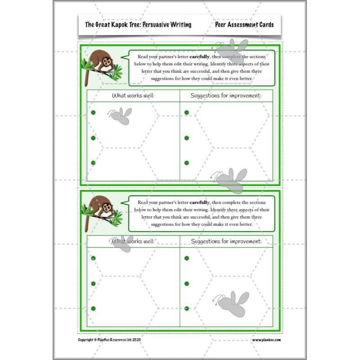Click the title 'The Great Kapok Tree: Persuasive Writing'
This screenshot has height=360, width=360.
click(x=138, y=25)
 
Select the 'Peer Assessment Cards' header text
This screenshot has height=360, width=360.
click(x=244, y=25)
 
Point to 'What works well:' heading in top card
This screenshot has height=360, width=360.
click(x=133, y=95)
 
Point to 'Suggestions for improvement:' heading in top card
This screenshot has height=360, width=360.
click(x=225, y=95)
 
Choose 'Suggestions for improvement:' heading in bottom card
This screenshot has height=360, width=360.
click(x=226, y=241)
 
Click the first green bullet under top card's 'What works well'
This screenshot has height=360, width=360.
click(x=93, y=112)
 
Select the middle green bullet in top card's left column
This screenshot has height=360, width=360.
click(x=93, y=138)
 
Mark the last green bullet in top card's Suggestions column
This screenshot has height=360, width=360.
click(x=187, y=163)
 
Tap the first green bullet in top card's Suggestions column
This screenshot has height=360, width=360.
click(x=187, y=112)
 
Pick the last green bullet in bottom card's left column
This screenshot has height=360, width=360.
click(x=93, y=308)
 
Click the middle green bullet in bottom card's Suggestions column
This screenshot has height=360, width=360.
click(x=187, y=283)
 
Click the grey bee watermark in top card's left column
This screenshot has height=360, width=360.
click(x=121, y=116)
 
